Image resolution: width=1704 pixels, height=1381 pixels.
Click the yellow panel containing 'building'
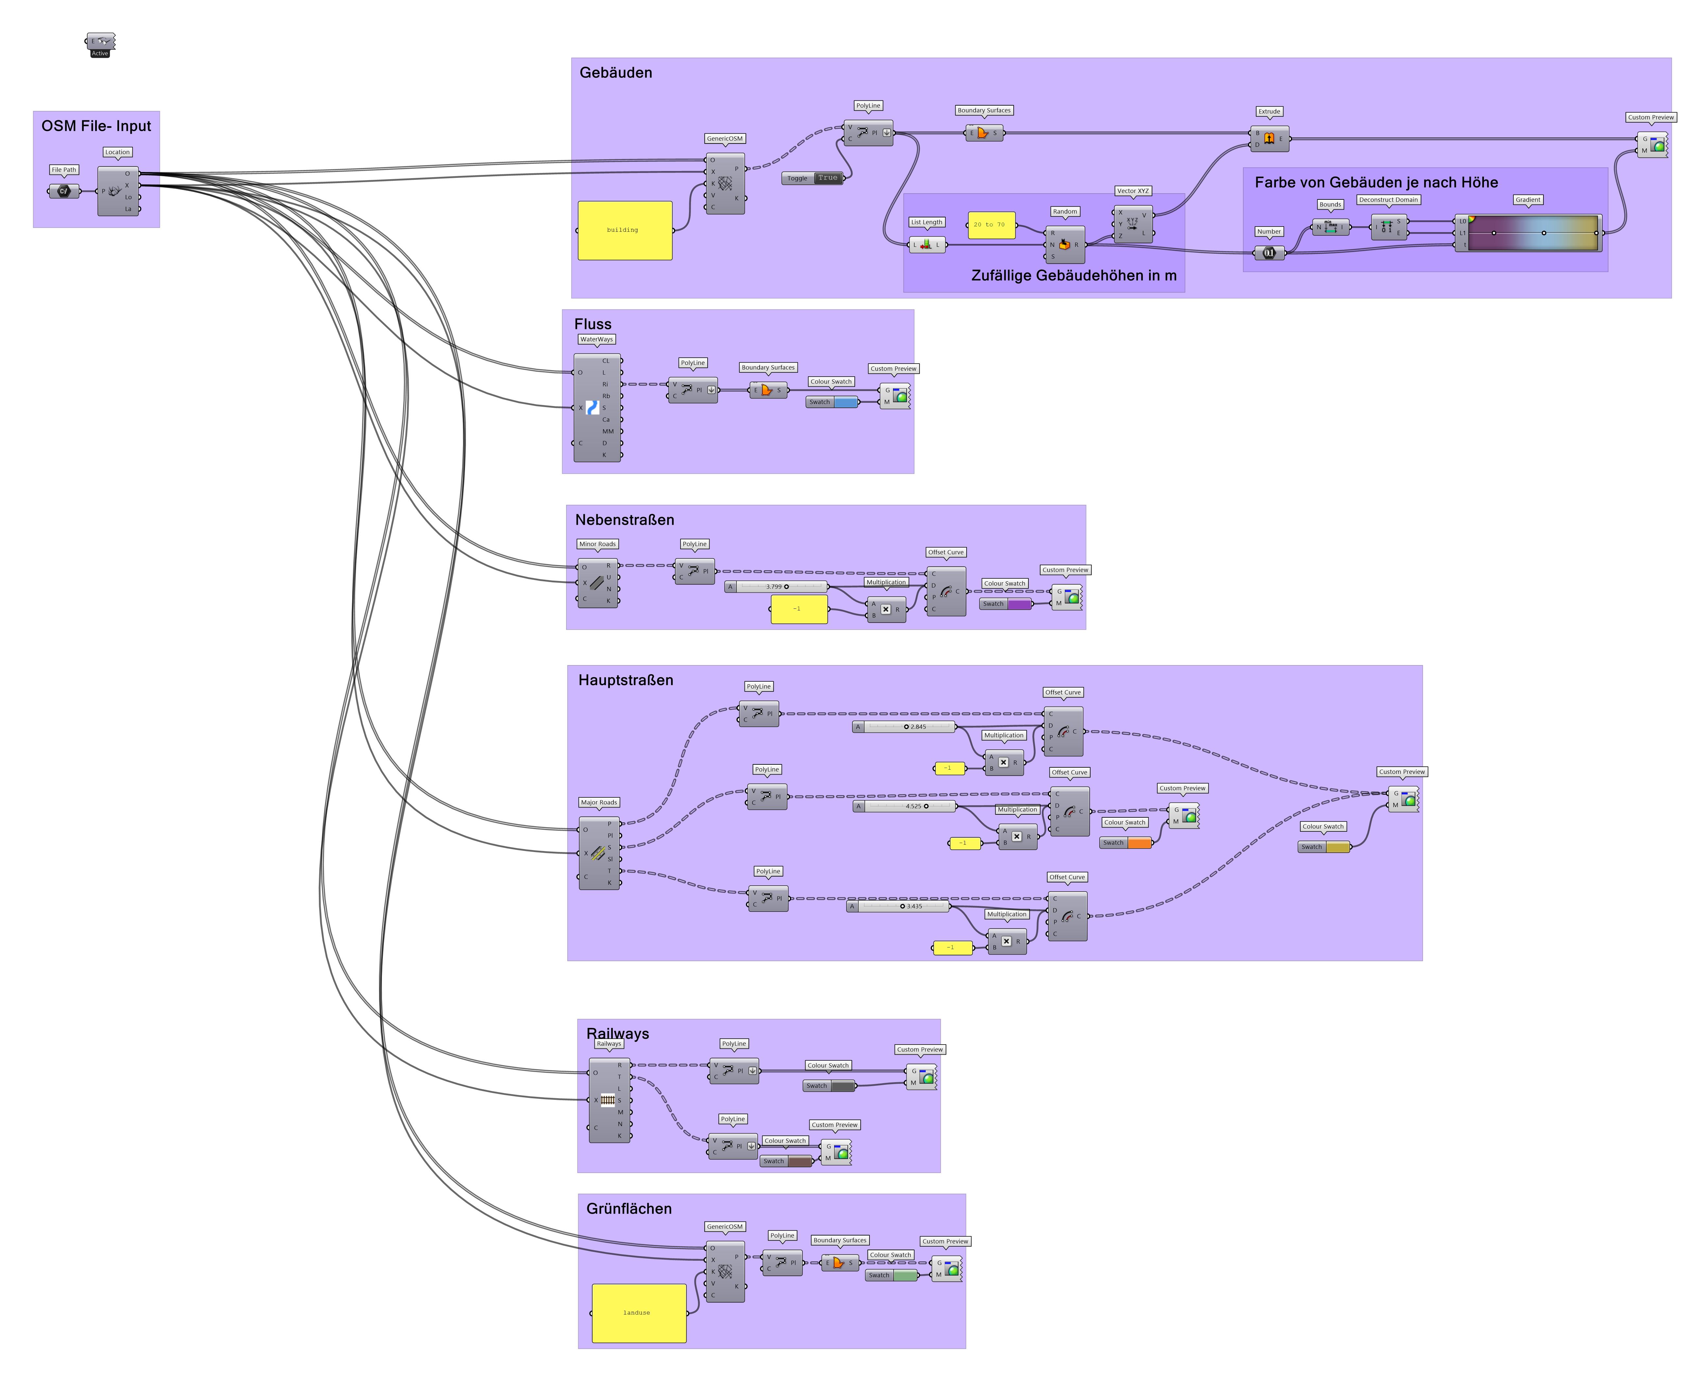pyautogui.click(x=625, y=230)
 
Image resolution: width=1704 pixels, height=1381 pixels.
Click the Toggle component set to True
pyautogui.click(x=812, y=178)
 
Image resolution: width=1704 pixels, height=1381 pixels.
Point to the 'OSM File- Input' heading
pyautogui.click(x=96, y=126)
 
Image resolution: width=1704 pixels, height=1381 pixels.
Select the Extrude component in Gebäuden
pyautogui.click(x=1269, y=138)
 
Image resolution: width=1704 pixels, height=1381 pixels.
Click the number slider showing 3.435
pyautogui.click(x=899, y=906)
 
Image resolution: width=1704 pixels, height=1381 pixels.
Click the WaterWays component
pyautogui.click(x=597, y=407)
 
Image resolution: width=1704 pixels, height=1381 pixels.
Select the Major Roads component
pyautogui.click(x=598, y=853)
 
